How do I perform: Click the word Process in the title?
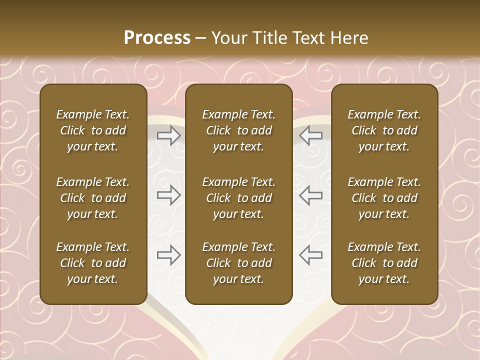tap(157, 38)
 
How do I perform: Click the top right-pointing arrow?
tap(169, 135)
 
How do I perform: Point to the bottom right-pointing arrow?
tap(169, 255)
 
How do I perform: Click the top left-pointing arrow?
tap(310, 135)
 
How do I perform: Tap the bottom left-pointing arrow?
tap(310, 255)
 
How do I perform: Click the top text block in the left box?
tap(93, 130)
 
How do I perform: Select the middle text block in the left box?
tap(93, 198)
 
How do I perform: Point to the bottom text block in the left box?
tap(93, 263)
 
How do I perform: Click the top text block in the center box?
tap(239, 130)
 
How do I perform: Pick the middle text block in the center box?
tap(239, 198)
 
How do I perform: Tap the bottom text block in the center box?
tap(239, 263)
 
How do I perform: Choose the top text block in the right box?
tap(384, 130)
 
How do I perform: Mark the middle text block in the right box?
tap(384, 198)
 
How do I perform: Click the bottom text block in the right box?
tap(384, 263)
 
